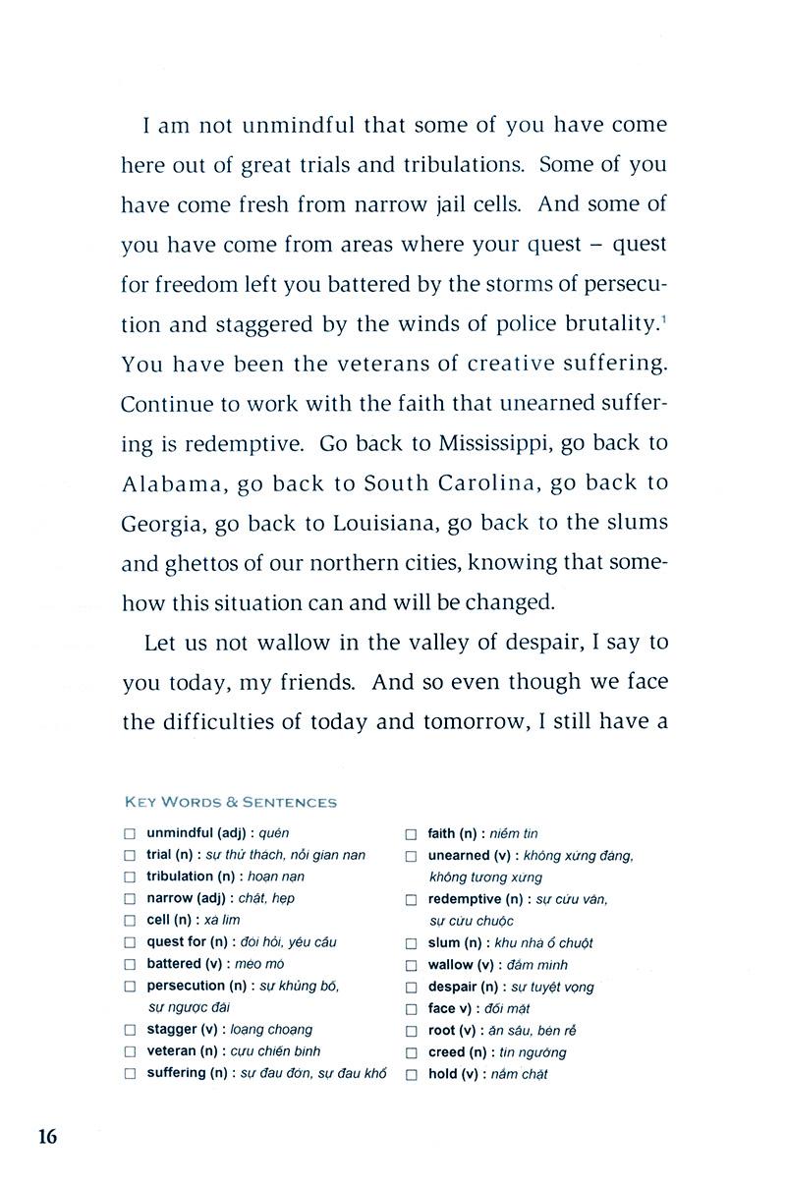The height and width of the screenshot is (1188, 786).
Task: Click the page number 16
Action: click(48, 1137)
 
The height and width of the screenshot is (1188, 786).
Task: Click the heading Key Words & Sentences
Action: click(230, 802)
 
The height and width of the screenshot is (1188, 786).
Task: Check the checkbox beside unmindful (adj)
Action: click(130, 834)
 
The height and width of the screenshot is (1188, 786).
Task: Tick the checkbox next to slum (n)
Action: click(412, 943)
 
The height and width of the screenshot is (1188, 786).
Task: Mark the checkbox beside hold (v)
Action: click(412, 1074)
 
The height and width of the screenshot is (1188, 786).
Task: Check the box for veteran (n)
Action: click(130, 1051)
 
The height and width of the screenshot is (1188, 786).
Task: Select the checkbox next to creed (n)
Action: click(412, 1052)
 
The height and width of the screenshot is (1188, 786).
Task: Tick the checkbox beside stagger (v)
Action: click(130, 1030)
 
